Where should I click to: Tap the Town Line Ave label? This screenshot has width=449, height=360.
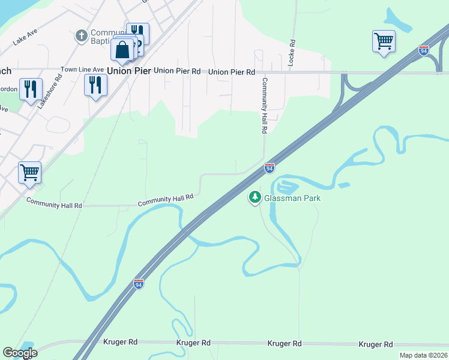pos(82,70)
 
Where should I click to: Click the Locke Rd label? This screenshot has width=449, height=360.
pos(292,53)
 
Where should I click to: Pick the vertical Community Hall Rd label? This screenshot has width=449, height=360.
pos(264,106)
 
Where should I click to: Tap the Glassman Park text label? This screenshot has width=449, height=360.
pos(292,198)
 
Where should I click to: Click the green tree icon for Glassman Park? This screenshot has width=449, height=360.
pos(255,196)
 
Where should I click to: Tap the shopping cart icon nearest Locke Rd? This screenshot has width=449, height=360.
pos(384,41)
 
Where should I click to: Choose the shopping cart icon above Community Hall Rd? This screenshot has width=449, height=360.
pos(29,173)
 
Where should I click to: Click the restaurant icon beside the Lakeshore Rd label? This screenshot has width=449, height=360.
pos(31,89)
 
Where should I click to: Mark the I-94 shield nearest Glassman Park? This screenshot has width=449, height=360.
pos(270,169)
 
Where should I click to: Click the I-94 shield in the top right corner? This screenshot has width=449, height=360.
pos(424,51)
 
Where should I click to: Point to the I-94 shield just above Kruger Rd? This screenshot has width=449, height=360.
pos(139,284)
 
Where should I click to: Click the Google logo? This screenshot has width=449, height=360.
pos(20,353)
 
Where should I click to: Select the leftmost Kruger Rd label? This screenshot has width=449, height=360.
pos(121,342)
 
